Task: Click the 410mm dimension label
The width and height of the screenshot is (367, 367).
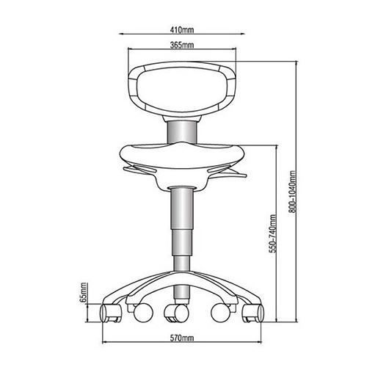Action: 182,30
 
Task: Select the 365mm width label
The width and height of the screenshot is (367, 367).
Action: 182,45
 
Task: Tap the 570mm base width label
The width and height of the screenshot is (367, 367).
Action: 182,338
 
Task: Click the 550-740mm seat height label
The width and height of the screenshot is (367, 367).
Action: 273,233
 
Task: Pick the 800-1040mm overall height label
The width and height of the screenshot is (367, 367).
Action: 292,192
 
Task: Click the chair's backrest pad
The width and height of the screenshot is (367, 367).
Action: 182,90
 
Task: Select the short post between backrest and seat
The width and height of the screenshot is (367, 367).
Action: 182,132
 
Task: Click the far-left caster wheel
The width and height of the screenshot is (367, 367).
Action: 111,313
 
